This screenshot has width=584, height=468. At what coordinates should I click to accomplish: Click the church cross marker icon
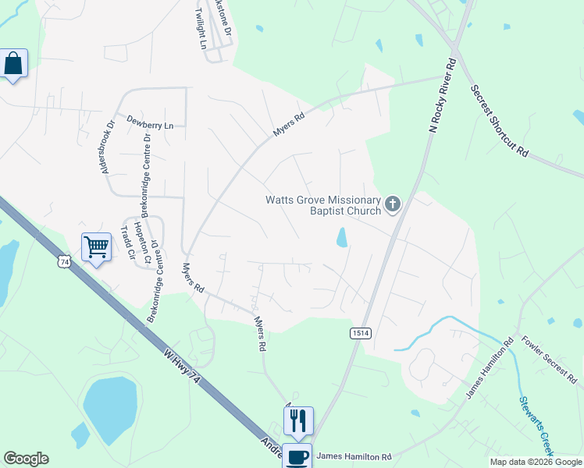pos(392,205)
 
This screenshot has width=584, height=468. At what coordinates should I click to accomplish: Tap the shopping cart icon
pos(97,247)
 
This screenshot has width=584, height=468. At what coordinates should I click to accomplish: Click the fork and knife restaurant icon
pos(298,420)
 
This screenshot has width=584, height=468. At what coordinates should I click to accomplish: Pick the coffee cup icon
pos(297,456)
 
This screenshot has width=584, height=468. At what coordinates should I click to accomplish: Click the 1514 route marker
pos(360,333)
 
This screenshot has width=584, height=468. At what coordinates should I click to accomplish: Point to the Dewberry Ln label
pos(150,125)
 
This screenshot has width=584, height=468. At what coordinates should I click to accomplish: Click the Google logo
pos(26,459)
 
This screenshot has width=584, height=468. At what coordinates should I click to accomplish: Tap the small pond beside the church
pos(342,237)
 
